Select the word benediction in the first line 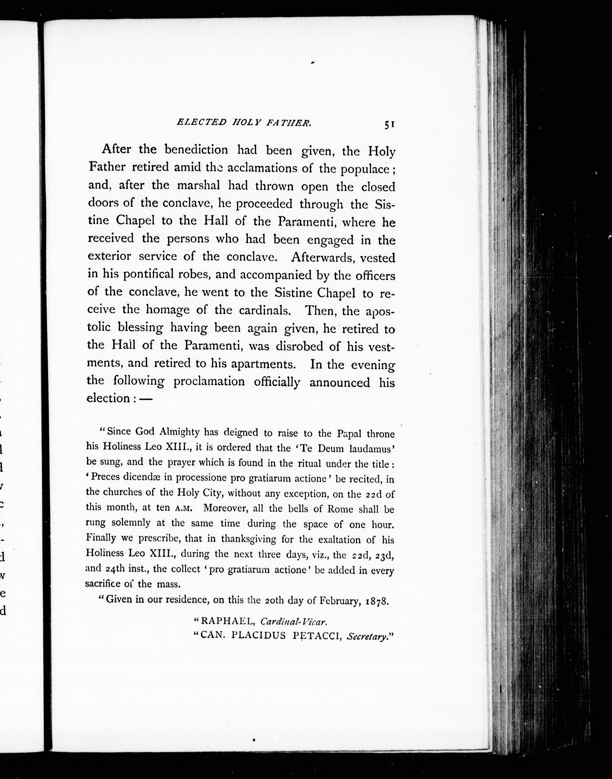point(196,149)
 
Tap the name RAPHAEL point(228,620)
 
